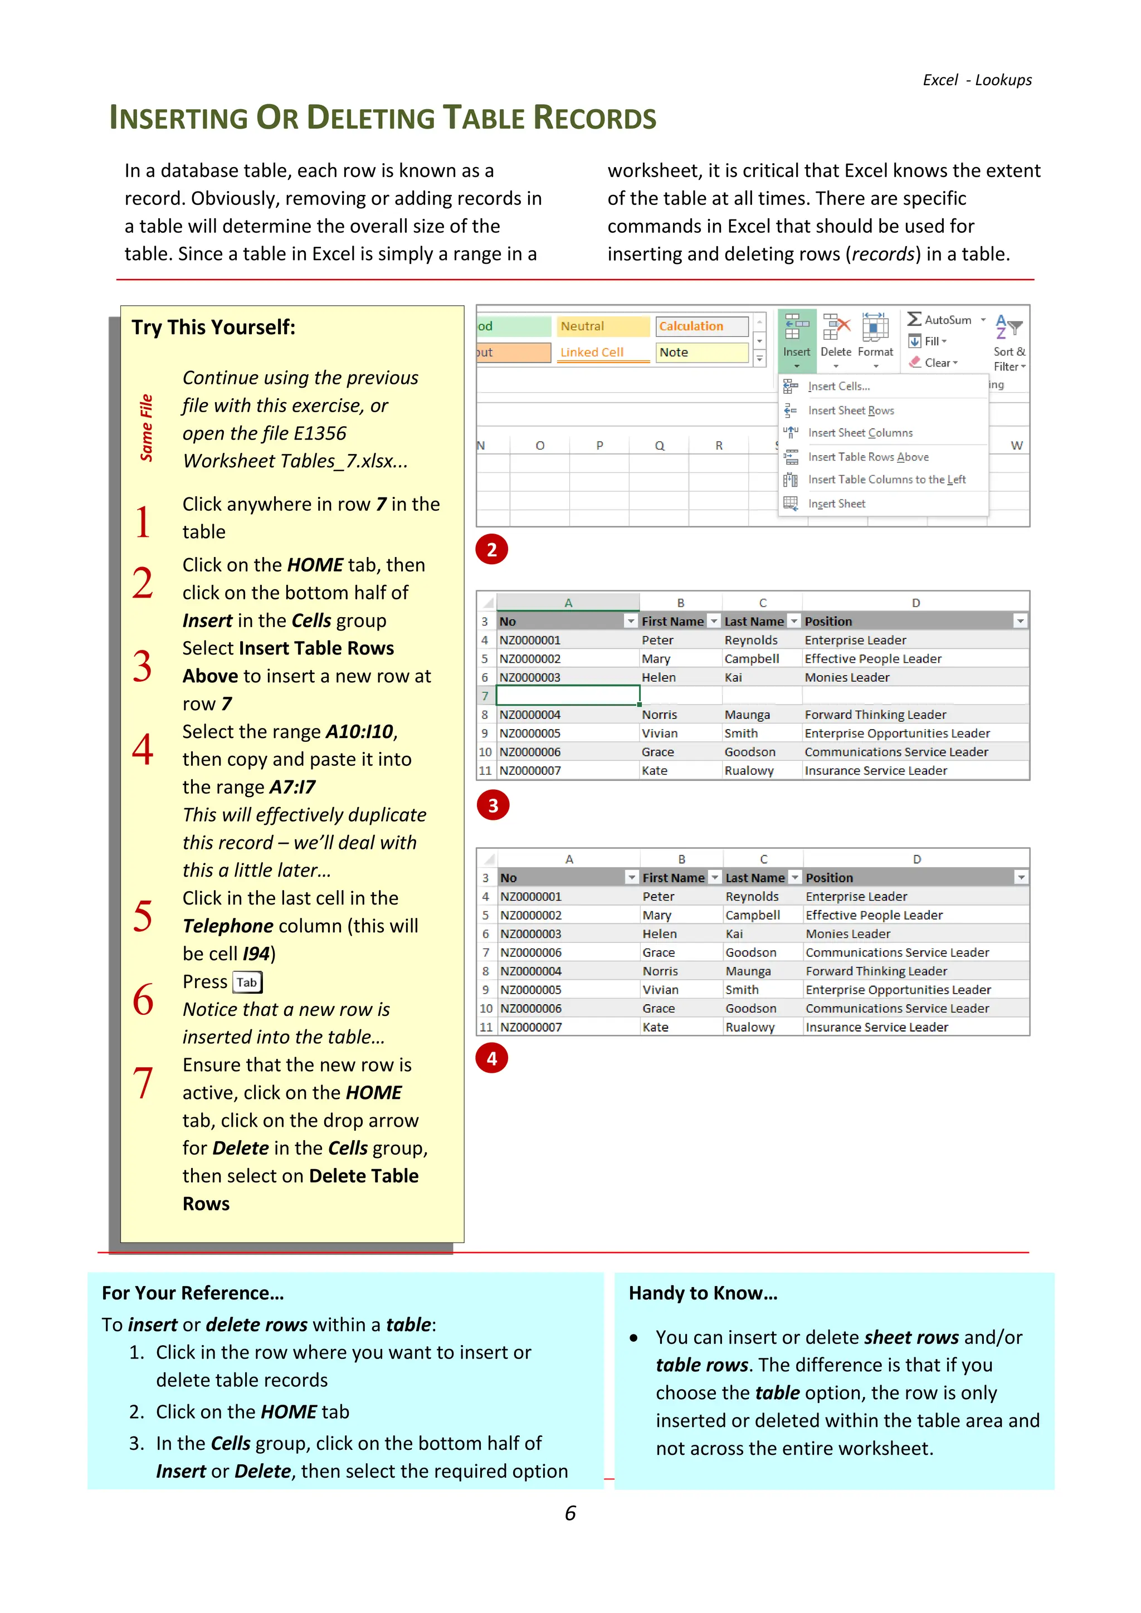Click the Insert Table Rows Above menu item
point(867,457)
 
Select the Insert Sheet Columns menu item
point(860,433)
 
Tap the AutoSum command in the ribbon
point(945,320)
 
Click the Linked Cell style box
point(603,353)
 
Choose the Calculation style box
point(701,327)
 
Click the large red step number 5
point(143,917)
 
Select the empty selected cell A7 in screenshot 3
point(568,696)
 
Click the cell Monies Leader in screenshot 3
point(847,678)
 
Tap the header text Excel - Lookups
point(977,80)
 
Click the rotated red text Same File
point(146,428)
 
